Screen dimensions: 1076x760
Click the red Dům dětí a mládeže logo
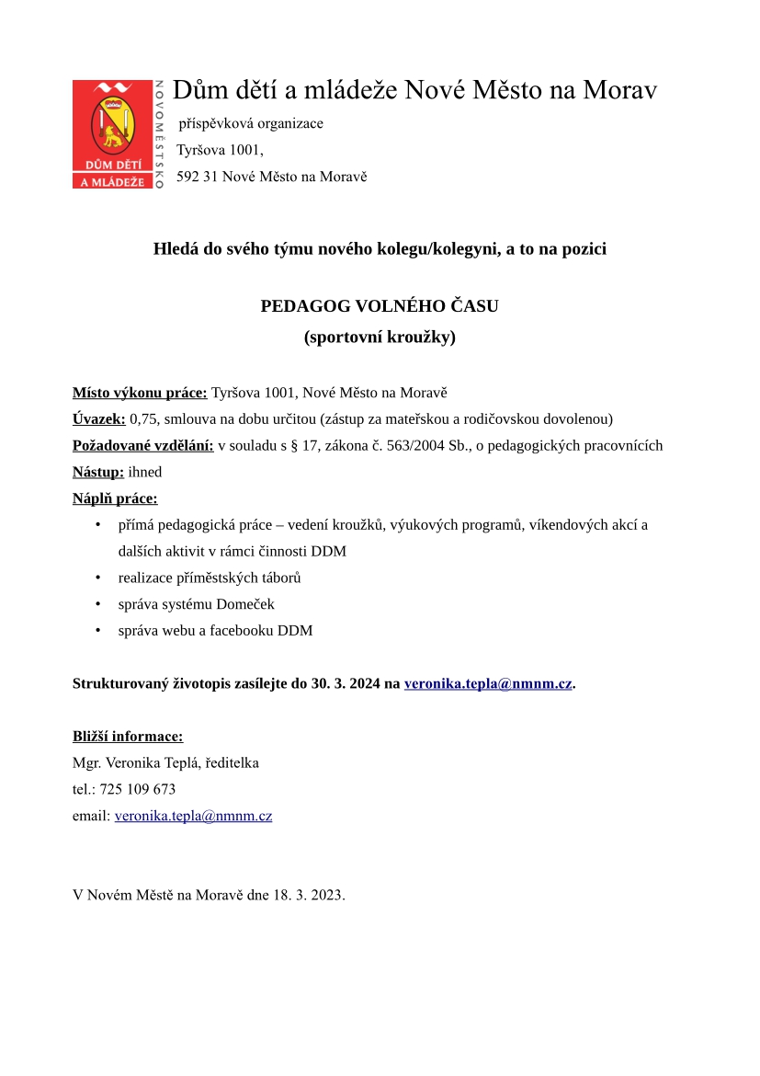113,134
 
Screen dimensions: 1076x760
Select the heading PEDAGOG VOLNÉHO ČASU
380,305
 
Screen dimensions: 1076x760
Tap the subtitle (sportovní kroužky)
380,337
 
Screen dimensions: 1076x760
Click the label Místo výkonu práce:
140,393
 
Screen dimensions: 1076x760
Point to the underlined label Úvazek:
99,419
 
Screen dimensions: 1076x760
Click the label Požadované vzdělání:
142,446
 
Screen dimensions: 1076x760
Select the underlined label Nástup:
98,472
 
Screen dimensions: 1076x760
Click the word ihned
145,472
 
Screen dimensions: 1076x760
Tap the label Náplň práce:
115,498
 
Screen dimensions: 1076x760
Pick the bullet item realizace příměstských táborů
210,578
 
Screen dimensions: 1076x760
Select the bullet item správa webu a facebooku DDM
215,631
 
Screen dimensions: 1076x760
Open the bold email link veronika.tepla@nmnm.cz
488,683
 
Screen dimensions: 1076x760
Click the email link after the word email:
193,816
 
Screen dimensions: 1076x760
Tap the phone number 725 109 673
138,789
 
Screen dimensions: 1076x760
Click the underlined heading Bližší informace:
128,736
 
